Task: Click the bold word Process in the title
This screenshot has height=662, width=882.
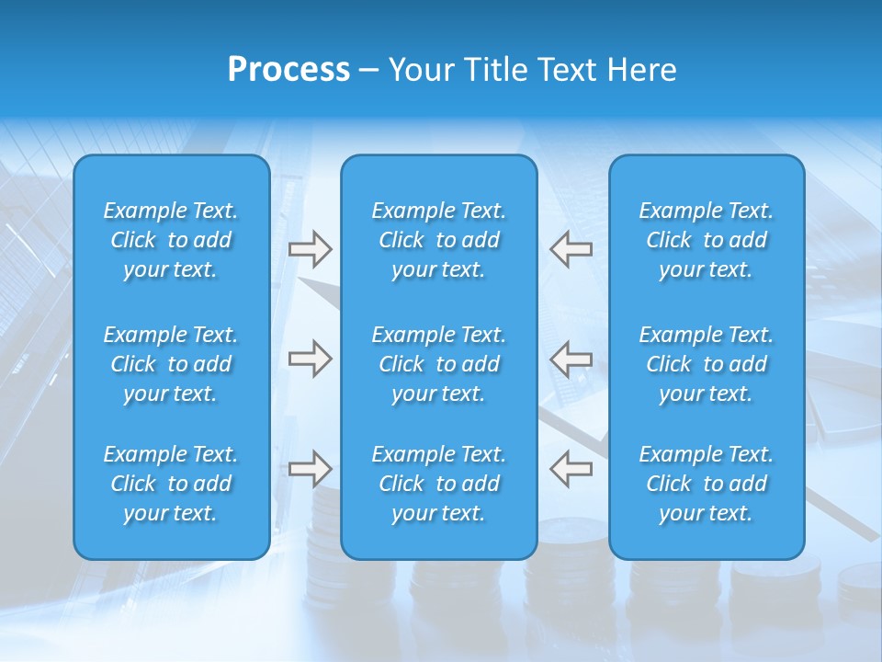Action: pyautogui.click(x=288, y=70)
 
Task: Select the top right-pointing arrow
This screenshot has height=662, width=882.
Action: pyautogui.click(x=310, y=249)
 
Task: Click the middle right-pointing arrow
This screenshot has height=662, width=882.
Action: pyautogui.click(x=310, y=359)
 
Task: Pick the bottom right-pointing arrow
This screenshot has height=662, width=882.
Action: pyautogui.click(x=310, y=468)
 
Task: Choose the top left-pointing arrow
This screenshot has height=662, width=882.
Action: pyautogui.click(x=571, y=249)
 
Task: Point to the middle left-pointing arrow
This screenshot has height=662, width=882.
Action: pyautogui.click(x=571, y=359)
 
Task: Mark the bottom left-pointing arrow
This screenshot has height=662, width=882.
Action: pyautogui.click(x=571, y=468)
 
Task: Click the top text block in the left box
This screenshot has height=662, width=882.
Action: pyautogui.click(x=171, y=240)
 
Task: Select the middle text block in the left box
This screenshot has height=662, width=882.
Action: pyautogui.click(x=171, y=364)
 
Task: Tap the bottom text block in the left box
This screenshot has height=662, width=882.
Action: pyautogui.click(x=171, y=484)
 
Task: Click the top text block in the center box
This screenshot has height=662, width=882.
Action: pyautogui.click(x=439, y=240)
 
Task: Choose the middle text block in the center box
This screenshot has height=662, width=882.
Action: pyautogui.click(x=439, y=364)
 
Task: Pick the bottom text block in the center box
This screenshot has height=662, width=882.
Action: pyautogui.click(x=439, y=484)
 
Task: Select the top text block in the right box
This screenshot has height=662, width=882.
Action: pyautogui.click(x=707, y=240)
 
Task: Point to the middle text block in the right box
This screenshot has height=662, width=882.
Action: pyautogui.click(x=707, y=364)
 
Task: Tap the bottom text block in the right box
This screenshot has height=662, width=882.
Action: pyautogui.click(x=707, y=484)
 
